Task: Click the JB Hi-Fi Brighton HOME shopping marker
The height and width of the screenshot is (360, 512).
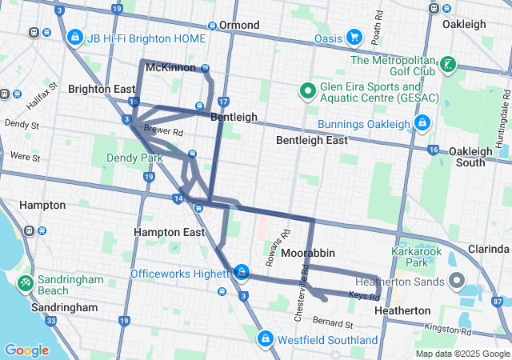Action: pos(74,37)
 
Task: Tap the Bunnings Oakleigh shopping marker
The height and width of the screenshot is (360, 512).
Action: pos(422,122)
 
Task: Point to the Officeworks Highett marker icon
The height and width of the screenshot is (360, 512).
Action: pos(241,273)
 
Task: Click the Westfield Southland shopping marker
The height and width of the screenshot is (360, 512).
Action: pos(264,339)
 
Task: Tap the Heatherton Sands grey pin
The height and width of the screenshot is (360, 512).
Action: pos(456,280)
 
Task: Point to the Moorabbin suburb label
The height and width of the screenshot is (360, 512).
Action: pos(307,253)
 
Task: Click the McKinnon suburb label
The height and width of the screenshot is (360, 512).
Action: pos(170,67)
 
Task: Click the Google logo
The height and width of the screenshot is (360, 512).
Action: pos(26,350)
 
